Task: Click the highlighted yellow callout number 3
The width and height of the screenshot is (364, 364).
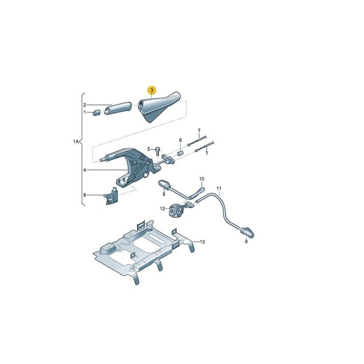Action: click(152, 91)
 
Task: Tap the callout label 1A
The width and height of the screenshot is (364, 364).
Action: click(76, 142)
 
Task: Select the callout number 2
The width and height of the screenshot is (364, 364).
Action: click(84, 105)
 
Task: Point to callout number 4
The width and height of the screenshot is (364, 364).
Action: click(84, 170)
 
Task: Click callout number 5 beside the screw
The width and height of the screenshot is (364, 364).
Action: click(148, 149)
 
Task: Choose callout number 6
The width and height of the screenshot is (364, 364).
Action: click(180, 140)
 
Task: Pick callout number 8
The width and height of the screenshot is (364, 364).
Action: click(84, 195)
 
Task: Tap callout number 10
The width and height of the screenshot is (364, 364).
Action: click(202, 179)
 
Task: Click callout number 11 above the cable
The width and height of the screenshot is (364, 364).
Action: click(219, 188)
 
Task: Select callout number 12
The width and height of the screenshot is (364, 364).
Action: click(162, 209)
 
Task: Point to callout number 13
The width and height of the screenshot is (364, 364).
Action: click(202, 242)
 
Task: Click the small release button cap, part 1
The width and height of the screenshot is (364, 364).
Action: click(96, 112)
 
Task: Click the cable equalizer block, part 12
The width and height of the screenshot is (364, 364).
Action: click(176, 210)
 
